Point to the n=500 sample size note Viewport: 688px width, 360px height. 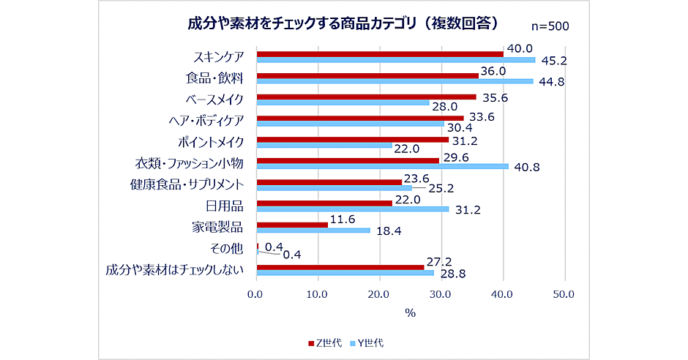click(549, 26)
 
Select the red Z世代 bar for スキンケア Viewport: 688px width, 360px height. click(380, 53)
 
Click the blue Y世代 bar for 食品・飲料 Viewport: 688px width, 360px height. click(395, 81)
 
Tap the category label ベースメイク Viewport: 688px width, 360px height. click(217, 99)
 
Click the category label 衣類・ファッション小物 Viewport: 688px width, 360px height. click(192, 162)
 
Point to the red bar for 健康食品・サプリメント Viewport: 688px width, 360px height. click(329, 181)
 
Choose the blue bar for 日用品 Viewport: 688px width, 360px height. click(352, 209)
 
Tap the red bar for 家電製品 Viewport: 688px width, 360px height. click(292, 224)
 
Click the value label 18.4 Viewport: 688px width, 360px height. click(387, 230)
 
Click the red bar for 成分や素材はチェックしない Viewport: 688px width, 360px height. click(340, 266)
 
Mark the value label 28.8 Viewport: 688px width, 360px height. click(452, 274)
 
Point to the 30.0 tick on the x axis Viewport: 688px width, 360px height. click(441, 295)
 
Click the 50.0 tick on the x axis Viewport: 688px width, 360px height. click(564, 295)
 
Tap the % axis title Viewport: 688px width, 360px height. click(410, 312)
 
